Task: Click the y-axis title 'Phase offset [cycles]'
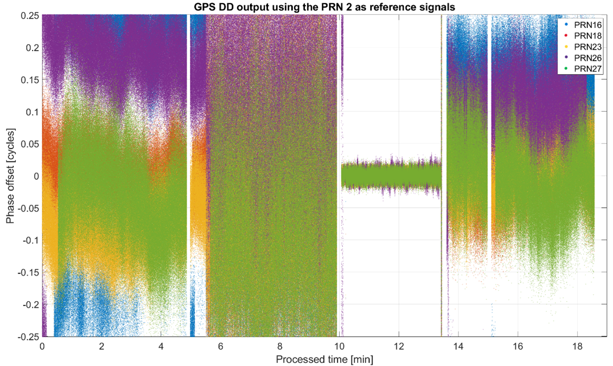click(10, 176)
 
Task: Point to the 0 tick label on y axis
click(35, 176)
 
